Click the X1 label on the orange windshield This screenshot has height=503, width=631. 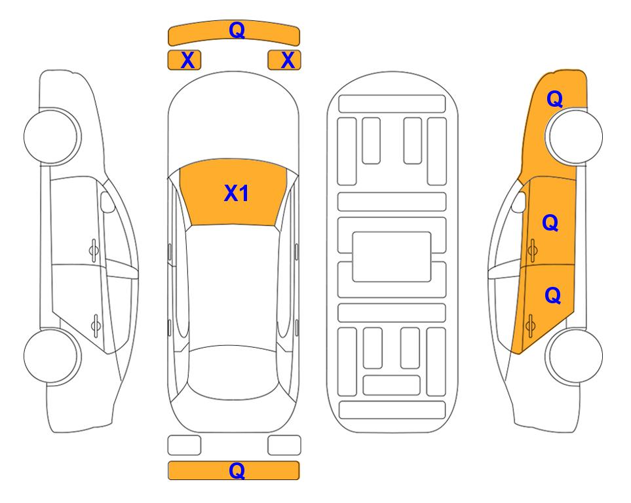(x=237, y=193)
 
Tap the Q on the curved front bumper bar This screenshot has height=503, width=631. (x=237, y=29)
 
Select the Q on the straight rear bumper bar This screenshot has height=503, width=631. (x=237, y=470)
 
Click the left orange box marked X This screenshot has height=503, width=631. (x=184, y=60)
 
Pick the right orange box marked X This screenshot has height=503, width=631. (x=284, y=60)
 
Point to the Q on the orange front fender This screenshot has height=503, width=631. (x=554, y=99)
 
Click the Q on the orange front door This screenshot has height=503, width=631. (x=550, y=223)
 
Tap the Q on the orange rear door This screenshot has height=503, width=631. (x=552, y=296)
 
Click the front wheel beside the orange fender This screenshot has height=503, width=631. (x=574, y=136)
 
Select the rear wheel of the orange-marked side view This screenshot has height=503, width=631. (x=574, y=356)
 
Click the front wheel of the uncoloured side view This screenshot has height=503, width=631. (x=52, y=136)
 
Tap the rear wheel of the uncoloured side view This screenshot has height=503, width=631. (x=52, y=356)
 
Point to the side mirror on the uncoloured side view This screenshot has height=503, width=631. (x=107, y=202)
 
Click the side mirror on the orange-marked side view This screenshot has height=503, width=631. (x=519, y=202)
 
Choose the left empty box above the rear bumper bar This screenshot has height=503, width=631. (x=184, y=445)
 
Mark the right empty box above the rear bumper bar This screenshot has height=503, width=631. (x=284, y=445)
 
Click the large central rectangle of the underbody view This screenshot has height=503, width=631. (x=392, y=257)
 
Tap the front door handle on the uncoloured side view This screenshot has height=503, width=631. (x=94, y=250)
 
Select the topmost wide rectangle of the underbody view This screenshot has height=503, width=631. (x=392, y=104)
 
